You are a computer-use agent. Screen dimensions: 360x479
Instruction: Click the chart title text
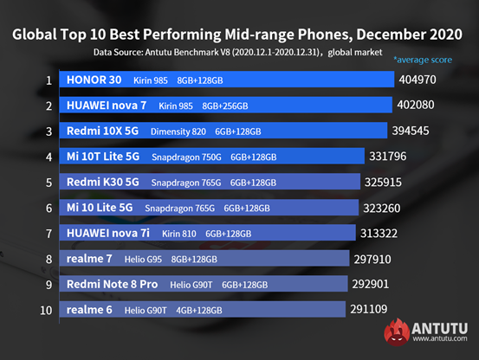coord(239,35)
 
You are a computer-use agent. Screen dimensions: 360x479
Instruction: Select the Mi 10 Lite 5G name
coord(100,209)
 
